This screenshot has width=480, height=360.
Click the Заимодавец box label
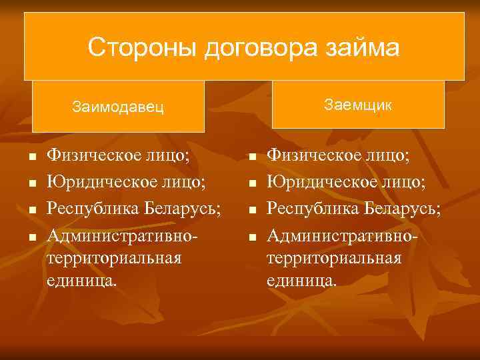pyautogui.click(x=118, y=106)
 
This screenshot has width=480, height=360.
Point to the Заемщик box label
pyautogui.click(x=358, y=105)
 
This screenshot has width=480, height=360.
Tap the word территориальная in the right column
pyautogui.click(x=334, y=258)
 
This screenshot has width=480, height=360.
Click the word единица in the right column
pyautogui.click(x=301, y=281)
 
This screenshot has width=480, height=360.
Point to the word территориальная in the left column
pyautogui.click(x=114, y=258)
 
